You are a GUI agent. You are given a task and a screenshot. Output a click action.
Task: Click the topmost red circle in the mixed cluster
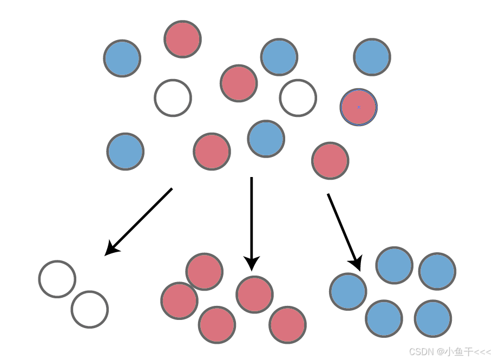(x=183, y=39)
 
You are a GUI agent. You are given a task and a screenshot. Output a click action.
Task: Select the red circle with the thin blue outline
(x=359, y=107)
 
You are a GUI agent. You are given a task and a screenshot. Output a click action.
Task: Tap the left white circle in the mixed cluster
(x=173, y=98)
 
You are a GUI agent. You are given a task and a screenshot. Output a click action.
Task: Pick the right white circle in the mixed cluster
(x=298, y=98)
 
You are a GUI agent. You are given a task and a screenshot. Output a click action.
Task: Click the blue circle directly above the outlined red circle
(x=372, y=57)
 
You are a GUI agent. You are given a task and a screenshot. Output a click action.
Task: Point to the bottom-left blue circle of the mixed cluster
(x=125, y=152)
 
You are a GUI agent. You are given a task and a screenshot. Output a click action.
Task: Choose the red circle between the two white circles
(x=239, y=83)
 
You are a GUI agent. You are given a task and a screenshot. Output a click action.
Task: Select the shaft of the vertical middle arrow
(x=252, y=217)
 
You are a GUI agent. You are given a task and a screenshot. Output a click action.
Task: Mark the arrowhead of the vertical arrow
(x=252, y=263)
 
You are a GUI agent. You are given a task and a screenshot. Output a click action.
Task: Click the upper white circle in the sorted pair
(x=57, y=279)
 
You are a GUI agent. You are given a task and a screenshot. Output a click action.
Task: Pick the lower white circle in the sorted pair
(x=90, y=310)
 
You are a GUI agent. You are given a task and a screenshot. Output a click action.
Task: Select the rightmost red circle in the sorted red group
(x=287, y=325)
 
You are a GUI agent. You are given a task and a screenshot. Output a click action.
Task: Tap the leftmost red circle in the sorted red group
(x=179, y=300)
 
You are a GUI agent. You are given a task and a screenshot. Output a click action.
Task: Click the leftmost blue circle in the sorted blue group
(x=348, y=292)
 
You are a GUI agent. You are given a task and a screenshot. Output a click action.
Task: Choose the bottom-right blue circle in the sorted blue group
(x=433, y=319)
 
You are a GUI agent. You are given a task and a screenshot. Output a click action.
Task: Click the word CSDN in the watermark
(x=422, y=352)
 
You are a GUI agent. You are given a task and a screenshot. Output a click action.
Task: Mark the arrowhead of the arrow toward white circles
(x=110, y=249)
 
